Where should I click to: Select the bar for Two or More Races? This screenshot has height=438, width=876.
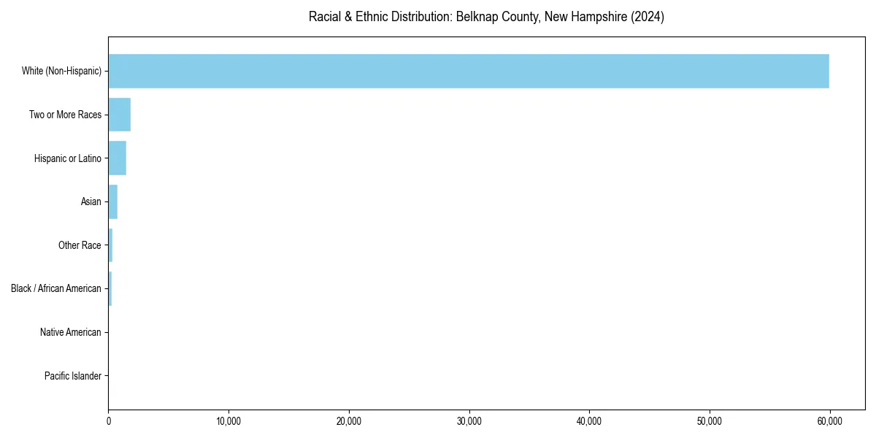click(x=119, y=115)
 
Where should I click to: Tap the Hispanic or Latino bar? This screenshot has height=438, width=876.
click(x=117, y=158)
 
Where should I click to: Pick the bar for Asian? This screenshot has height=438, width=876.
click(x=112, y=201)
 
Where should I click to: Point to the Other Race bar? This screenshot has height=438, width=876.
click(x=110, y=245)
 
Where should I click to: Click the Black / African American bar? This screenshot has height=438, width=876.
click(x=110, y=288)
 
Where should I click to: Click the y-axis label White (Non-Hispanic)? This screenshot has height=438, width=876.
click(x=61, y=71)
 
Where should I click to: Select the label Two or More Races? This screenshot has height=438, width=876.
click(x=65, y=115)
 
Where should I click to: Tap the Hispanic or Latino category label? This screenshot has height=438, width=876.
click(x=67, y=158)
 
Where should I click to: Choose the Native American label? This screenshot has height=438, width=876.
click(x=71, y=332)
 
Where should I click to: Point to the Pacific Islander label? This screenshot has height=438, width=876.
click(x=73, y=376)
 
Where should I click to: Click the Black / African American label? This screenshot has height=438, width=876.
click(x=56, y=288)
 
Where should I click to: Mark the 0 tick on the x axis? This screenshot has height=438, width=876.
click(x=109, y=421)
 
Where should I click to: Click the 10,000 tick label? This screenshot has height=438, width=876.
click(x=228, y=421)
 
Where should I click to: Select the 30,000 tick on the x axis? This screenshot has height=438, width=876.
click(x=469, y=421)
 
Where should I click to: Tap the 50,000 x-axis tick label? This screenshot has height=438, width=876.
click(x=710, y=421)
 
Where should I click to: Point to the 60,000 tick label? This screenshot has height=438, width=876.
click(x=829, y=421)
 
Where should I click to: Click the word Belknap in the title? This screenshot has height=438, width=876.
click(x=477, y=17)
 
